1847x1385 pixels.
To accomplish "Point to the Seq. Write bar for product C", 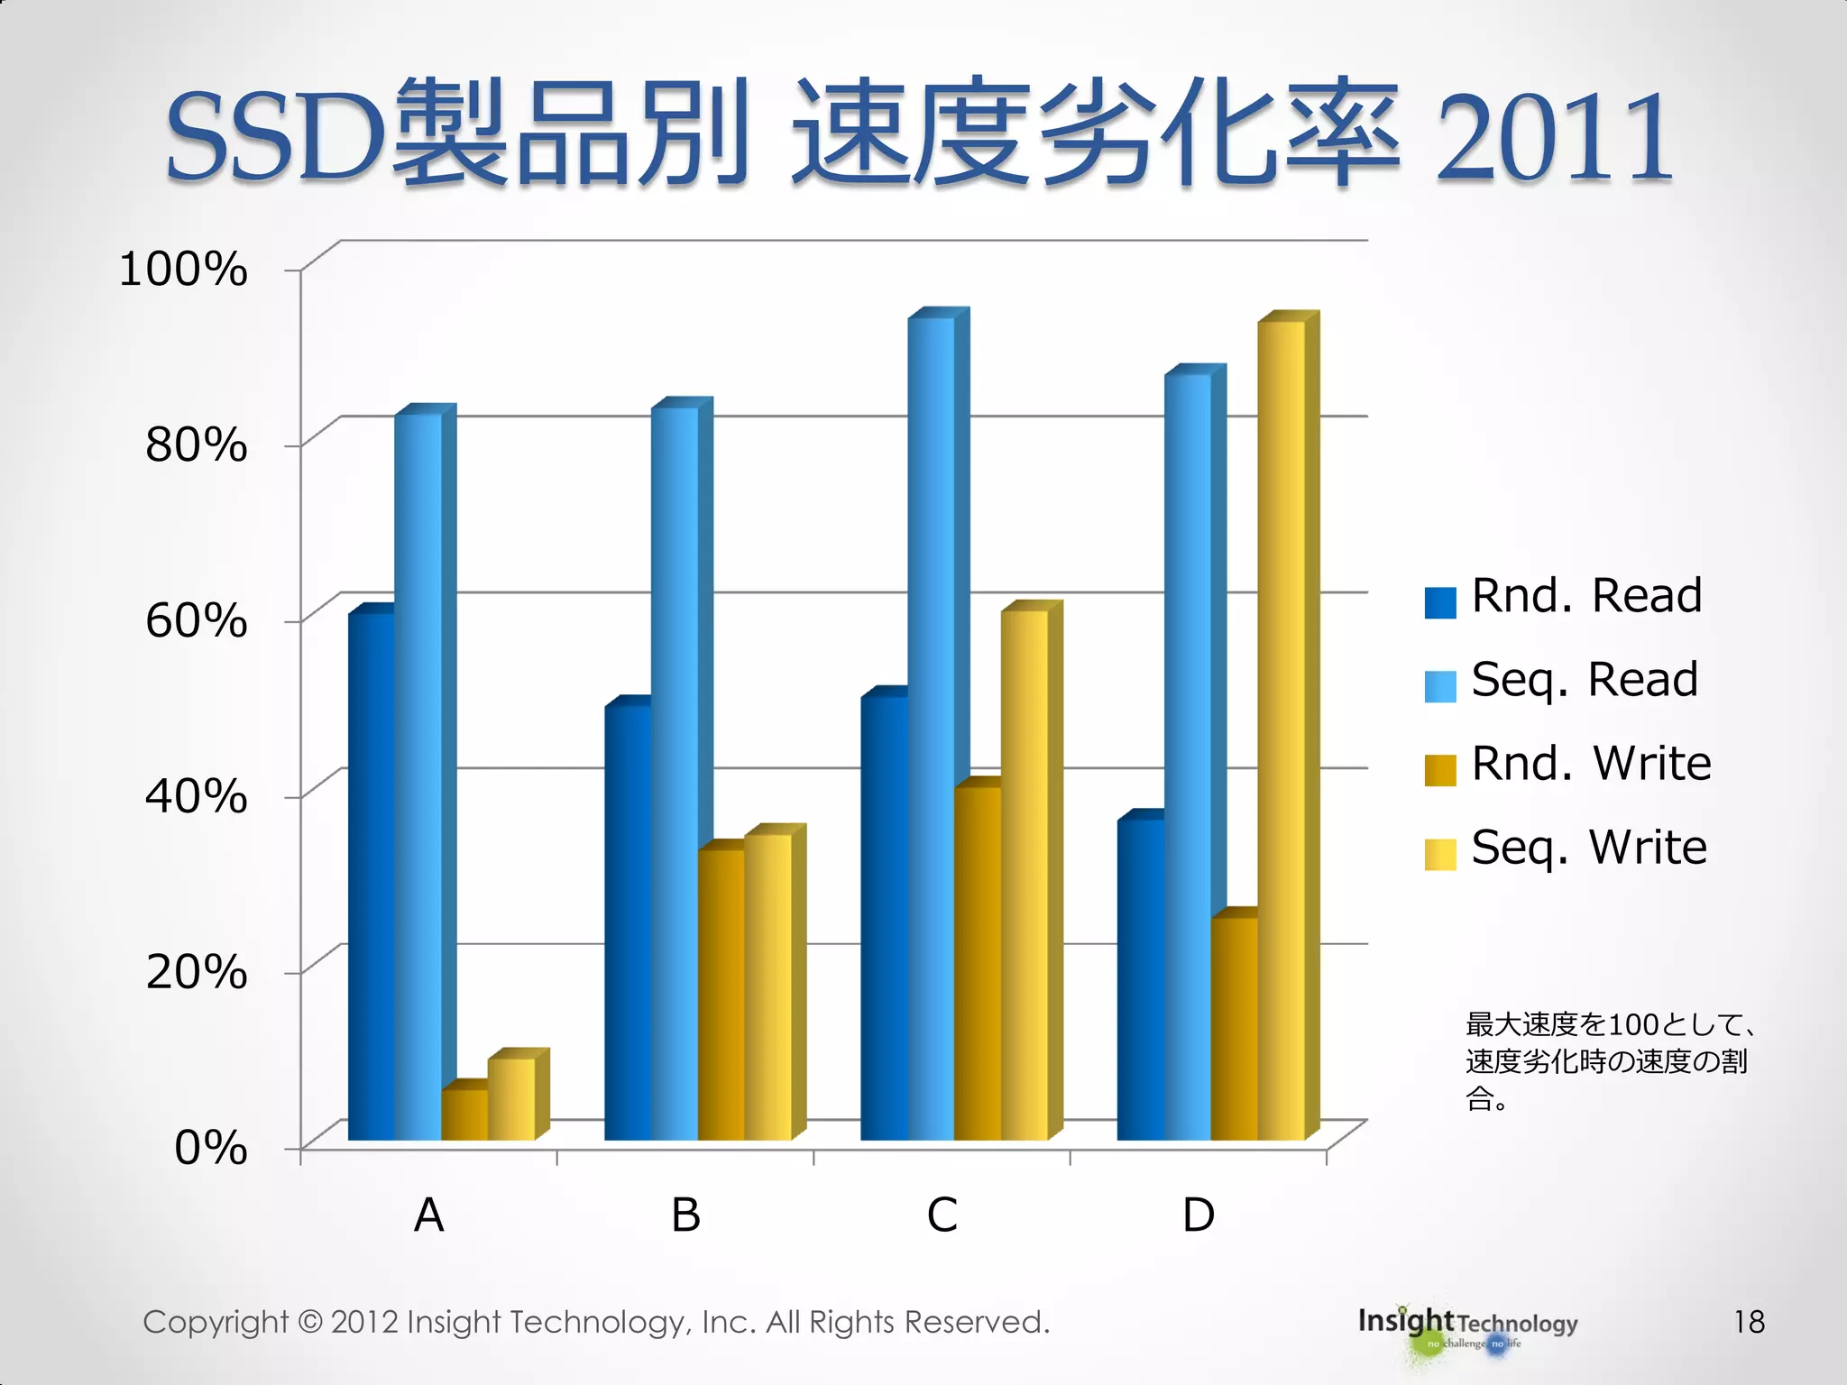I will [1025, 875].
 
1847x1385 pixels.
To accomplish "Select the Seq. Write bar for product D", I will [1281, 730].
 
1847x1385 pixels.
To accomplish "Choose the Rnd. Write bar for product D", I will [1234, 1029].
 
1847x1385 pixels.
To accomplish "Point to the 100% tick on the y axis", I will [184, 270].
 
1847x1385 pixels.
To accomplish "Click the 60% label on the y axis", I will [197, 621].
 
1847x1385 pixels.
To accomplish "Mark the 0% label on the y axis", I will [211, 1149].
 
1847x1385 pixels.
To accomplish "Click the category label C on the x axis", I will [942, 1215].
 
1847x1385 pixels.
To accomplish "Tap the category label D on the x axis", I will [1199, 1215].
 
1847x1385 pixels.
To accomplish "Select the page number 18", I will [1749, 1322].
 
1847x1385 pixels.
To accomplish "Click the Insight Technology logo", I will [1467, 1325].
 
